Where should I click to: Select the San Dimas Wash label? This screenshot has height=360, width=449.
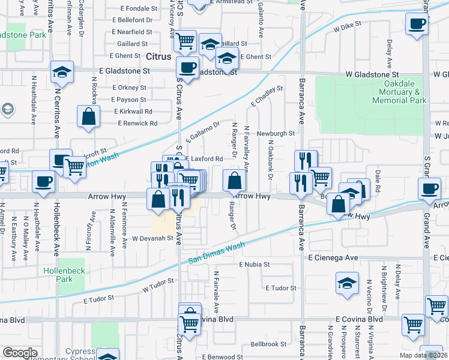(217, 253)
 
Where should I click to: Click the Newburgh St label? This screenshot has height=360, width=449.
(276, 133)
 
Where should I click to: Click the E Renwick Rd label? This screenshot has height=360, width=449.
(137, 123)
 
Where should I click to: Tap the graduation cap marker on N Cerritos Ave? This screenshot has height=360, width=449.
(62, 72)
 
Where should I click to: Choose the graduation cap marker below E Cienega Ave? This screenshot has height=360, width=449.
(346, 283)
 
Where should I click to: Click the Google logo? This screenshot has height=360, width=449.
(20, 353)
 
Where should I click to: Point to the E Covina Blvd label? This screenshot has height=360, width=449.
(358, 319)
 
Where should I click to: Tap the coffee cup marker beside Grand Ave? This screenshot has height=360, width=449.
(430, 189)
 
